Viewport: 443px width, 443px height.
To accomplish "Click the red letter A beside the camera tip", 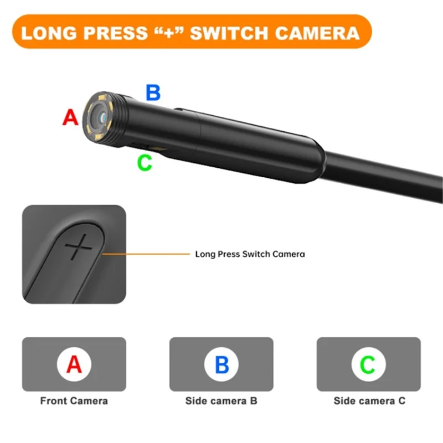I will coord(70,117).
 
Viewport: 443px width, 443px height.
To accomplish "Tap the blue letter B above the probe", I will coord(153,92).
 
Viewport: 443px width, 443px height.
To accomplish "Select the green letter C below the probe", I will coord(144,163).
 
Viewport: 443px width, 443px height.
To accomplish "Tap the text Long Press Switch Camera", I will coord(250,255).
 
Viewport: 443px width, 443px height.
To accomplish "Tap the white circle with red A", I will coord(74,364).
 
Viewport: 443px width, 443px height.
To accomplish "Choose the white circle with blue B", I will coord(221,364).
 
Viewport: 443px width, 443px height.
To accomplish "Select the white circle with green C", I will coord(368,364).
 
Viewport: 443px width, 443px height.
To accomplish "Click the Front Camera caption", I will coord(74,400).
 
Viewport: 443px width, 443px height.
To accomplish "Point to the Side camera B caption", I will coord(221,400).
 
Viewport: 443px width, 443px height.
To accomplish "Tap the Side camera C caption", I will coord(369,400).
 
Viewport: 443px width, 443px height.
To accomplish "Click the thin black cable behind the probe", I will coord(388,166).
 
